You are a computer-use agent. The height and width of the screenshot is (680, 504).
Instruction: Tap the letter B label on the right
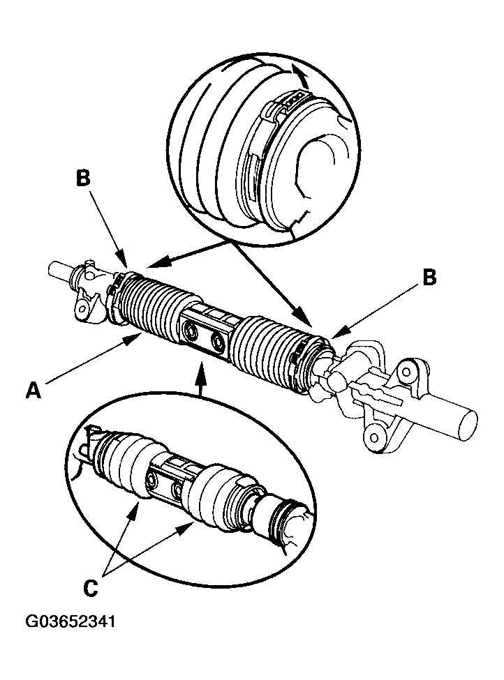[429, 278]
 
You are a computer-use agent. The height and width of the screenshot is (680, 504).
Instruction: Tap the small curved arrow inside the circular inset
[299, 74]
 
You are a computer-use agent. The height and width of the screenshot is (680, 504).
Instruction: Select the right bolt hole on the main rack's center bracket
[219, 342]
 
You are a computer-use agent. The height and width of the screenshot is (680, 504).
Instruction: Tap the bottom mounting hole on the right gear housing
[375, 437]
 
